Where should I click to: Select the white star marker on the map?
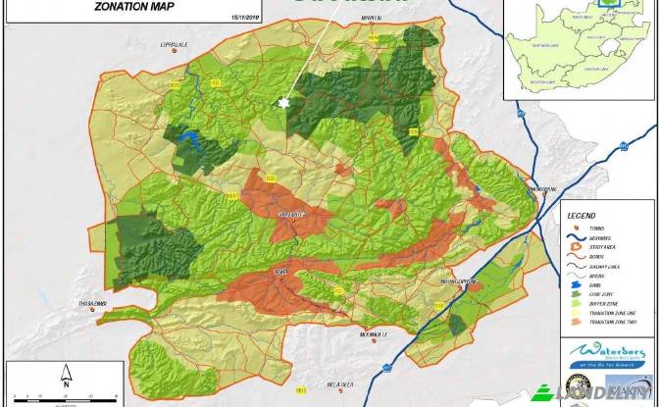click(286, 103)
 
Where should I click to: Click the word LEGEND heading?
click(583, 215)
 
